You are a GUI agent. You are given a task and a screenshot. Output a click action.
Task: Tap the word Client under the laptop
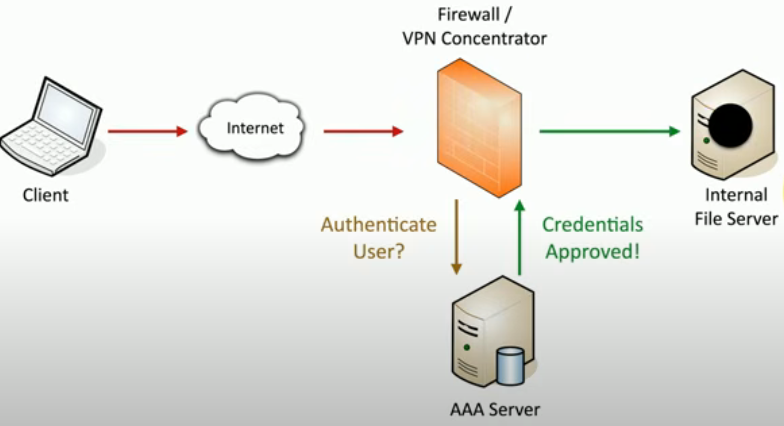(46, 195)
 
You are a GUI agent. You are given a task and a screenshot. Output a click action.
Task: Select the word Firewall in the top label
(469, 15)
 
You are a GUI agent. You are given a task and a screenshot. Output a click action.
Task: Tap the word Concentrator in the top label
(494, 39)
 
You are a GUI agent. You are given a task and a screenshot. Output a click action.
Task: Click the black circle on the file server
(730, 125)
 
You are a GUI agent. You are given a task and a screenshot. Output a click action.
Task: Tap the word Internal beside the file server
(736, 195)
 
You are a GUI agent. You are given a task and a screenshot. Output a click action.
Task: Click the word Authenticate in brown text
(378, 225)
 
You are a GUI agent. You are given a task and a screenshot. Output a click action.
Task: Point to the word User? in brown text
(378, 251)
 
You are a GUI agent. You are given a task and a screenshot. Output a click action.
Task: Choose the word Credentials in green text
(592, 225)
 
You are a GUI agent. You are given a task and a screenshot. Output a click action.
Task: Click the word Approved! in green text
(592, 251)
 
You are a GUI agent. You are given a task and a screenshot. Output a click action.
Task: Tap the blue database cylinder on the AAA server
(510, 366)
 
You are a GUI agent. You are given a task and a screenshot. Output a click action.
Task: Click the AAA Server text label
(495, 409)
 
